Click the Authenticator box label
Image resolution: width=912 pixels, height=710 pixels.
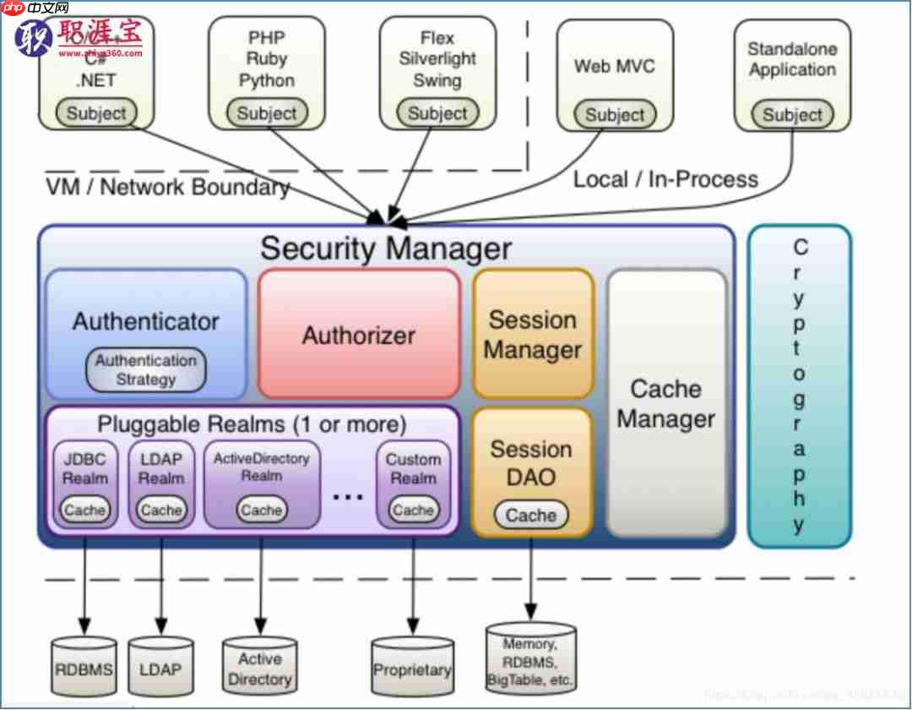tap(145, 321)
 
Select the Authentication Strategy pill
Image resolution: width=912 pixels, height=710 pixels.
tap(146, 370)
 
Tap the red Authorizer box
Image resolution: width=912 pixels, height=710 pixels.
tap(359, 335)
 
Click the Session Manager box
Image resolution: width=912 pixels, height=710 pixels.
tap(533, 335)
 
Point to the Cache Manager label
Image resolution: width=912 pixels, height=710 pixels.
tap(666, 404)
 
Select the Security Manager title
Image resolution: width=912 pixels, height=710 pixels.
tap(386, 248)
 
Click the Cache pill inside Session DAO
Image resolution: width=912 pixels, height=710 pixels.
tap(531, 515)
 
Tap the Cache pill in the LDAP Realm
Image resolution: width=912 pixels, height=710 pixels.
tap(161, 510)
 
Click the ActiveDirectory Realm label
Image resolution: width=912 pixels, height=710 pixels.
tap(262, 467)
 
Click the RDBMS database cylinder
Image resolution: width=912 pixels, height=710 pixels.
tap(84, 668)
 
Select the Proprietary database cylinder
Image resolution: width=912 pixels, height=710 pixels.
tap(412, 669)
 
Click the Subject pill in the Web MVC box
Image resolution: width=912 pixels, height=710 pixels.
tap(615, 115)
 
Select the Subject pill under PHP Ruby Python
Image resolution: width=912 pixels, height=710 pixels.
tap(267, 113)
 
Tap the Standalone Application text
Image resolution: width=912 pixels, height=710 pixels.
tap(791, 60)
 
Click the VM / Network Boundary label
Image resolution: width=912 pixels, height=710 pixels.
tap(167, 187)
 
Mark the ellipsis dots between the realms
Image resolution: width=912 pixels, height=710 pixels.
tap(347, 497)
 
